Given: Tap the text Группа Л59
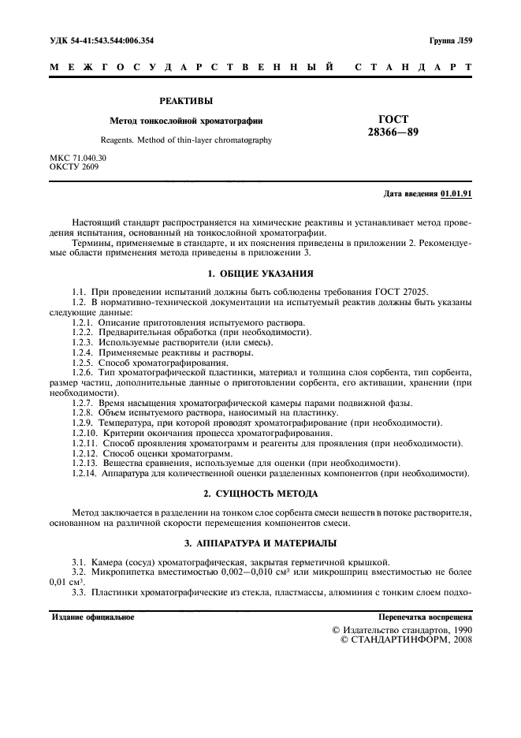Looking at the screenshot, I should (450, 39).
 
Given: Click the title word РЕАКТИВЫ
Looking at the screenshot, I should (186, 101).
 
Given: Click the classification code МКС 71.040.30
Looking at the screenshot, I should (78, 158).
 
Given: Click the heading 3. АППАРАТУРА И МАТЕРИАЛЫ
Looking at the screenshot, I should (260, 543).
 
